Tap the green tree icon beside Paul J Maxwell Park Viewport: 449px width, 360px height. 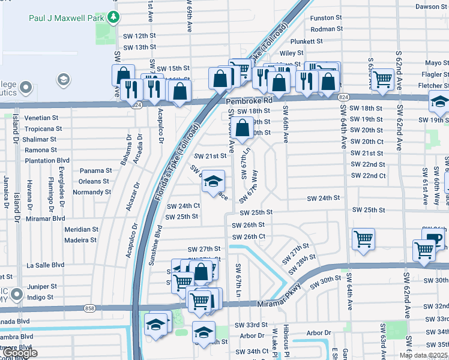coord(113,17)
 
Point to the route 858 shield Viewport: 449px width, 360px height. coord(90,308)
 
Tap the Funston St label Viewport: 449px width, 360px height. coord(326,18)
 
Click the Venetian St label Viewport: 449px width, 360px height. coord(41,118)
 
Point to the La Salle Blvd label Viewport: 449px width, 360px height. coord(45,265)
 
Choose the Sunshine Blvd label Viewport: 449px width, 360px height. coord(158,247)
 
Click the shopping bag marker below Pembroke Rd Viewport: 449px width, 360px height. coord(242,128)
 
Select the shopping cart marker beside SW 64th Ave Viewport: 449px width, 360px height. coord(363,239)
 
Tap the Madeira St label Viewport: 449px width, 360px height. coord(80,240)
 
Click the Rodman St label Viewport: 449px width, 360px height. coord(327,29)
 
